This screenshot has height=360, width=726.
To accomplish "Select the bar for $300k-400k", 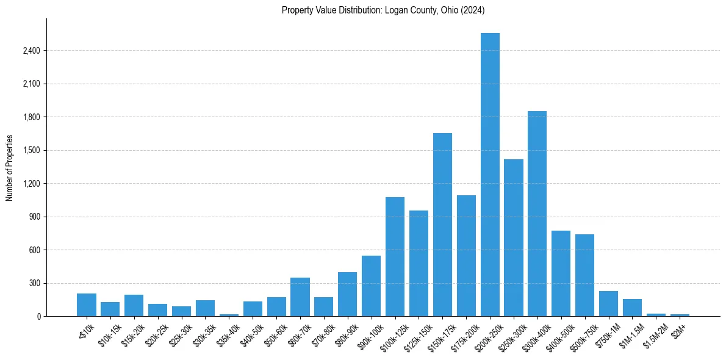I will [x=537, y=214].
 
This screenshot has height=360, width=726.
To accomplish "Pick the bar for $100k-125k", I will [x=395, y=256].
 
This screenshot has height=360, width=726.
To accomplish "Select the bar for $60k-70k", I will [x=300, y=297].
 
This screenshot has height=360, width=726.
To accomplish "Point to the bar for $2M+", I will [x=680, y=315].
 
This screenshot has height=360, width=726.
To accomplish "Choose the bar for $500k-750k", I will [x=584, y=275].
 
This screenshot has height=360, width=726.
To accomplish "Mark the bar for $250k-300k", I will [x=514, y=237].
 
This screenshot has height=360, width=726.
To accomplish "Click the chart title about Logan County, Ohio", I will [x=383, y=10].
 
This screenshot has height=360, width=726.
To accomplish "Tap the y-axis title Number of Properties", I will [x=9, y=168].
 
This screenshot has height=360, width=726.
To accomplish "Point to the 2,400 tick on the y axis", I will [x=31, y=51].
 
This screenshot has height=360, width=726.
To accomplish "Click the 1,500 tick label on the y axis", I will [x=31, y=150].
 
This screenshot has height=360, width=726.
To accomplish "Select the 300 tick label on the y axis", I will [x=34, y=283].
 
